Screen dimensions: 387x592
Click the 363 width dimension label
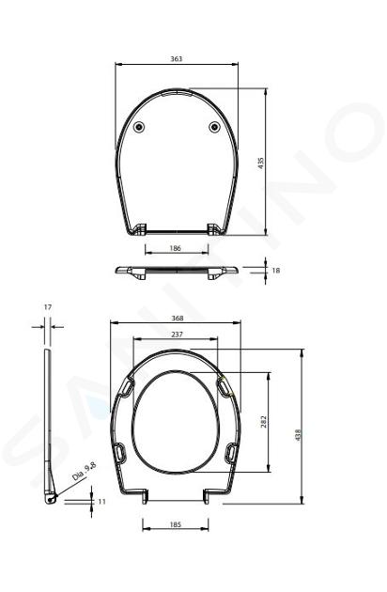[177, 59]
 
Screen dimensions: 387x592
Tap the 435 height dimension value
[261, 163]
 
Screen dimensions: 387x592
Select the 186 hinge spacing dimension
[176, 248]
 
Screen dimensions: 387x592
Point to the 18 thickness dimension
[276, 271]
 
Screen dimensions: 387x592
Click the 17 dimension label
[48, 307]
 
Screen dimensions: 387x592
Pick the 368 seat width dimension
[178, 319]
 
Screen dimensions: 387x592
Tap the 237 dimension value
[177, 335]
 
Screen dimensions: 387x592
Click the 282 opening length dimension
[264, 422]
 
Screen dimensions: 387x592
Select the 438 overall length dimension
[298, 435]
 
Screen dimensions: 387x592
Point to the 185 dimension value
[176, 524]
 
